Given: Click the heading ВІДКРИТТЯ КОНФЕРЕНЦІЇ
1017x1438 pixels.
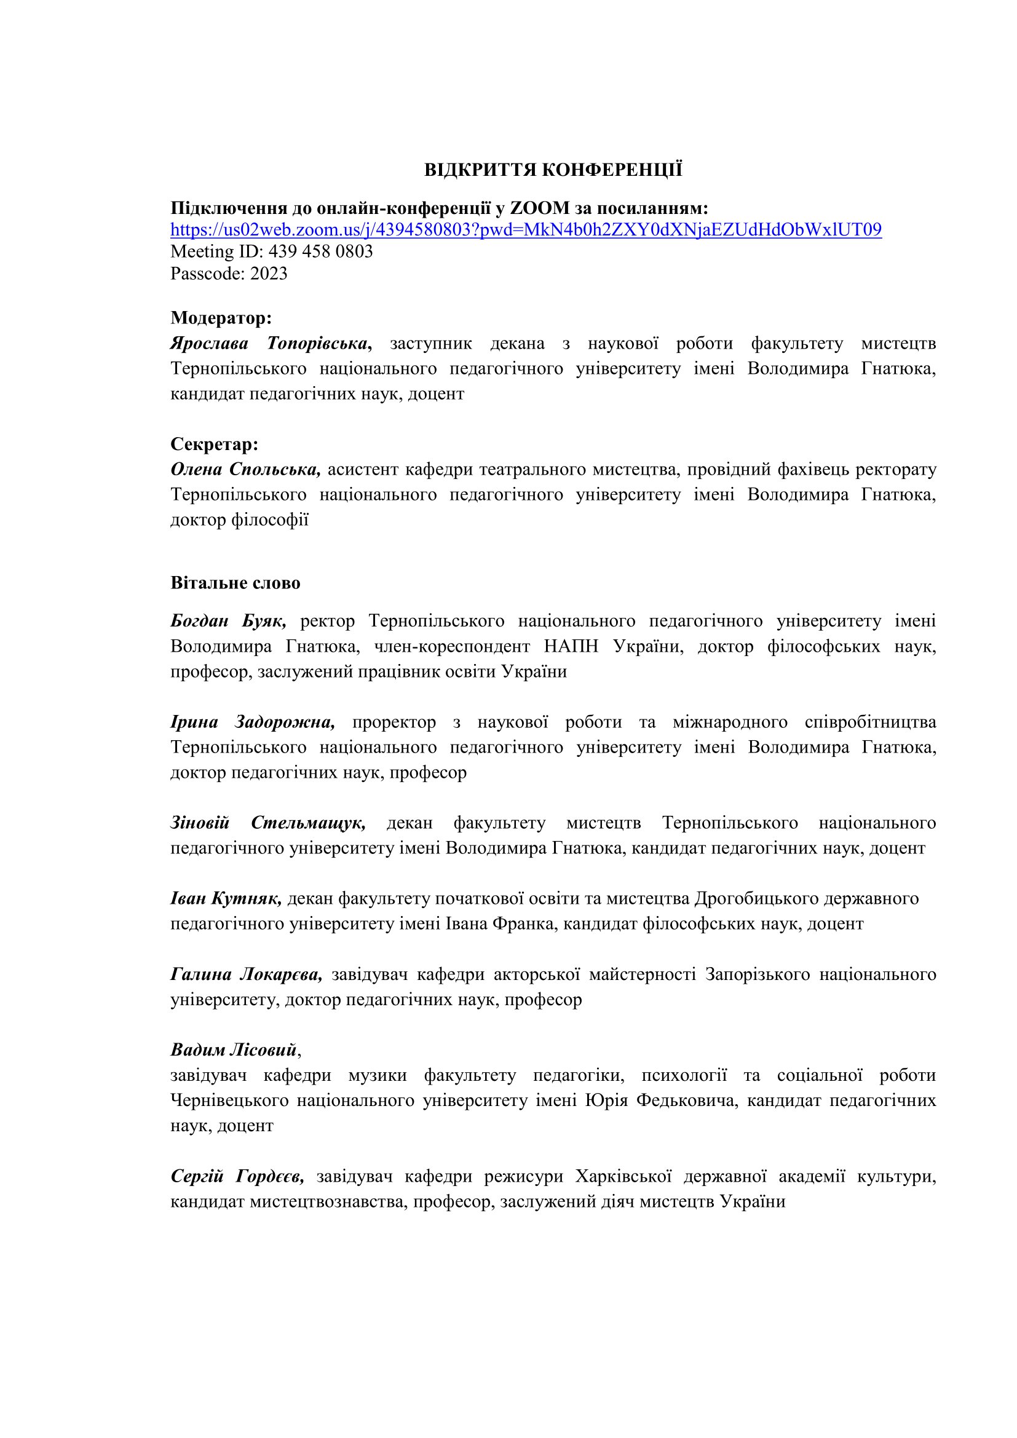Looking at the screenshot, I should point(553,170).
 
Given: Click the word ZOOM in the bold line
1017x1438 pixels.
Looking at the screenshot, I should point(540,208).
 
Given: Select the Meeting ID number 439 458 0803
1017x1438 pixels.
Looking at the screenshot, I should point(320,252).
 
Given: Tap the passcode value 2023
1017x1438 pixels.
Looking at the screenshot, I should point(269,274).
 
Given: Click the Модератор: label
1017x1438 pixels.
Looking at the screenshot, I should point(221,318).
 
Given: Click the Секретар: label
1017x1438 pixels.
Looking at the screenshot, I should point(214,444).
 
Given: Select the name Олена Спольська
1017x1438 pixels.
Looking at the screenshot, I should point(245,469).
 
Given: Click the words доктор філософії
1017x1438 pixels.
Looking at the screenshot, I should point(239,520).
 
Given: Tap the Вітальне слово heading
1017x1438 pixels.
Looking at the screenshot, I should point(235,583).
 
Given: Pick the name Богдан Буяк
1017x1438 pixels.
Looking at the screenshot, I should point(228,621).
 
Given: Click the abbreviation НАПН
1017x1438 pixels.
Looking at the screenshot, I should point(571,646).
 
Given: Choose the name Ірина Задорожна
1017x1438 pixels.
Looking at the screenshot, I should point(252,722).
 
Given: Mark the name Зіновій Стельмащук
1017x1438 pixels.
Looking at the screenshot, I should point(267,823).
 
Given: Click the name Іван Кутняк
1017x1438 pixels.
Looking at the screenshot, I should point(226,899).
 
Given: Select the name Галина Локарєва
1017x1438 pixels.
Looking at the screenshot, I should point(245,974).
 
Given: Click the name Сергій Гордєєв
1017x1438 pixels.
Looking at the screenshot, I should point(237,1177).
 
